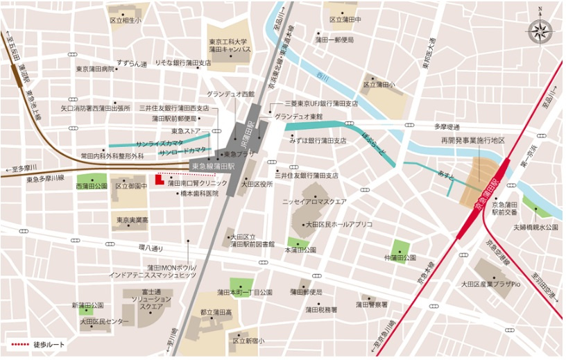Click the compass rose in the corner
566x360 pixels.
click(x=540, y=30)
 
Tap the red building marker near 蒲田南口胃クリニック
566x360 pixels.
click(x=159, y=180)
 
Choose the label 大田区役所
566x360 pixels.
click(x=257, y=185)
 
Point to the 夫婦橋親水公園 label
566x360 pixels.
click(x=535, y=227)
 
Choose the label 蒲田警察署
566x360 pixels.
click(x=373, y=305)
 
